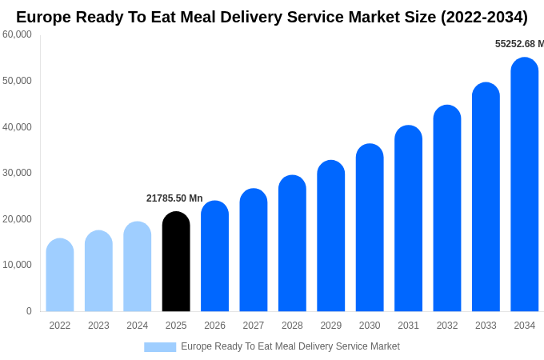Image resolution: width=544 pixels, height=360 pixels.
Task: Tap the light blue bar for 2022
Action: pyautogui.click(x=60, y=275)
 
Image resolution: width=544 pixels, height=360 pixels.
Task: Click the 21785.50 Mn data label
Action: pyautogui.click(x=174, y=198)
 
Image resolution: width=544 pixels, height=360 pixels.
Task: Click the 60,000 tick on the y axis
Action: pyautogui.click(x=17, y=34)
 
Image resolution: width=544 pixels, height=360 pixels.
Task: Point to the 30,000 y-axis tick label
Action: pyautogui.click(x=17, y=173)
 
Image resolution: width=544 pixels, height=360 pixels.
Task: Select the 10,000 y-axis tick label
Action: pyautogui.click(x=17, y=265)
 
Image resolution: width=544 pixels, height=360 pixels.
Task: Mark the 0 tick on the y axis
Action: pyautogui.click(x=29, y=311)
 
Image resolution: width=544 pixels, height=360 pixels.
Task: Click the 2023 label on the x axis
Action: pyautogui.click(x=98, y=326)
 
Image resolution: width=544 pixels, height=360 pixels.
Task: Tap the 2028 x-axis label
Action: pyautogui.click(x=292, y=326)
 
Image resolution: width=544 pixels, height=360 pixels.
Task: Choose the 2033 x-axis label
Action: pyautogui.click(x=486, y=326)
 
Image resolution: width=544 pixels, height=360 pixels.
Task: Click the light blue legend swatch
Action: pyautogui.click(x=160, y=347)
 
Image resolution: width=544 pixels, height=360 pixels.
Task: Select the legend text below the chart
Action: pyautogui.click(x=290, y=346)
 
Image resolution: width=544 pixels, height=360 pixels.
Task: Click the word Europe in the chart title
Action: pyautogui.click(x=46, y=17)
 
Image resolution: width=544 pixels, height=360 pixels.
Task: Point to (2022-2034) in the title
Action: pyautogui.click(x=484, y=17)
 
